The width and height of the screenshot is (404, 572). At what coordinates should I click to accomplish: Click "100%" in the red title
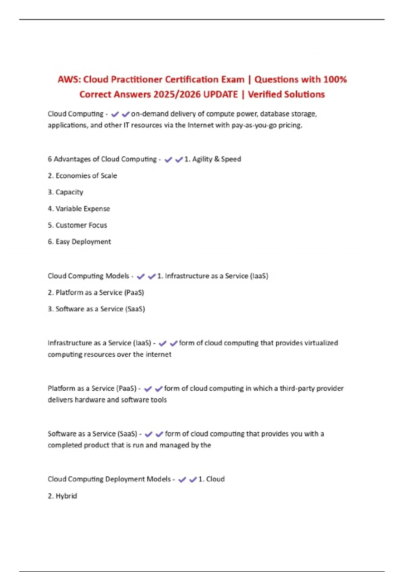pos(335,79)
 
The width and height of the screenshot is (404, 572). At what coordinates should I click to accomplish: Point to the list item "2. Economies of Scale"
pos(82,176)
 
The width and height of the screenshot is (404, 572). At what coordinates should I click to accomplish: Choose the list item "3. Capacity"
pos(66,192)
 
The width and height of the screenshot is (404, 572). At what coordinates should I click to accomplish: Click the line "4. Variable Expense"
pos(79,209)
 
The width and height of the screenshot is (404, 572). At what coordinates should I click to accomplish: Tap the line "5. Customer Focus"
pos(77,225)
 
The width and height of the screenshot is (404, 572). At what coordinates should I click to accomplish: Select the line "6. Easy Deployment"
pos(79,242)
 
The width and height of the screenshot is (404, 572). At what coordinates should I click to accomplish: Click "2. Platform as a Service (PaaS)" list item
pos(96,292)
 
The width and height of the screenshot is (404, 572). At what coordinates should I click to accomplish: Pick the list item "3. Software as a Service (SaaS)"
pos(96,309)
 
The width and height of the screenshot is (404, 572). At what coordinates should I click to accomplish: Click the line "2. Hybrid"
pos(63,496)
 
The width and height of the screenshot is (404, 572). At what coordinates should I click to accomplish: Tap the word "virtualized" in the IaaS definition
pos(321,343)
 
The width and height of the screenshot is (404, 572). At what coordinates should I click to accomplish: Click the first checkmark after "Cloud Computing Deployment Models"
pos(182,479)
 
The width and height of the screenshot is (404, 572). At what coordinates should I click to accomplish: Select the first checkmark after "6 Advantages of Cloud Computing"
pos(168,159)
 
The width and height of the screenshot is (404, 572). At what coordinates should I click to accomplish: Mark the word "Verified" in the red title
pos(264,94)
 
